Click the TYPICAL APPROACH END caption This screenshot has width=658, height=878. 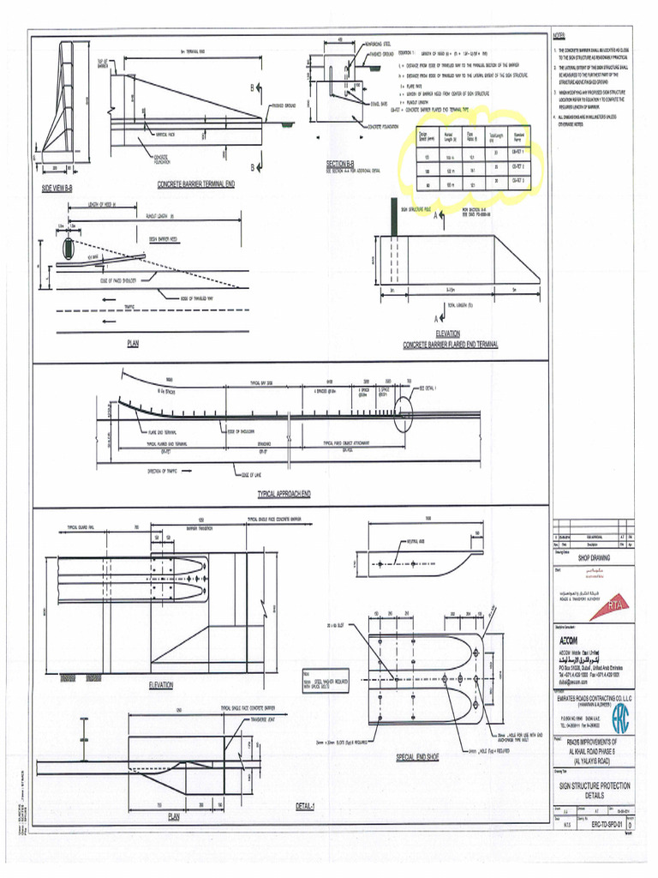[x=284, y=495]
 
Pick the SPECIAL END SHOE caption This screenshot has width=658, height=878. [x=417, y=757]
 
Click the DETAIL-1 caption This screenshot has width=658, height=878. [x=303, y=806]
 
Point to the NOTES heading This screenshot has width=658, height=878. [x=560, y=36]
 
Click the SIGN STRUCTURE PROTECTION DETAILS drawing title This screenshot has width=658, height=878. [x=594, y=789]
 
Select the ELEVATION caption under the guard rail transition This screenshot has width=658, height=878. [x=161, y=685]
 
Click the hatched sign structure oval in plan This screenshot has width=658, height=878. [x=67, y=250]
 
